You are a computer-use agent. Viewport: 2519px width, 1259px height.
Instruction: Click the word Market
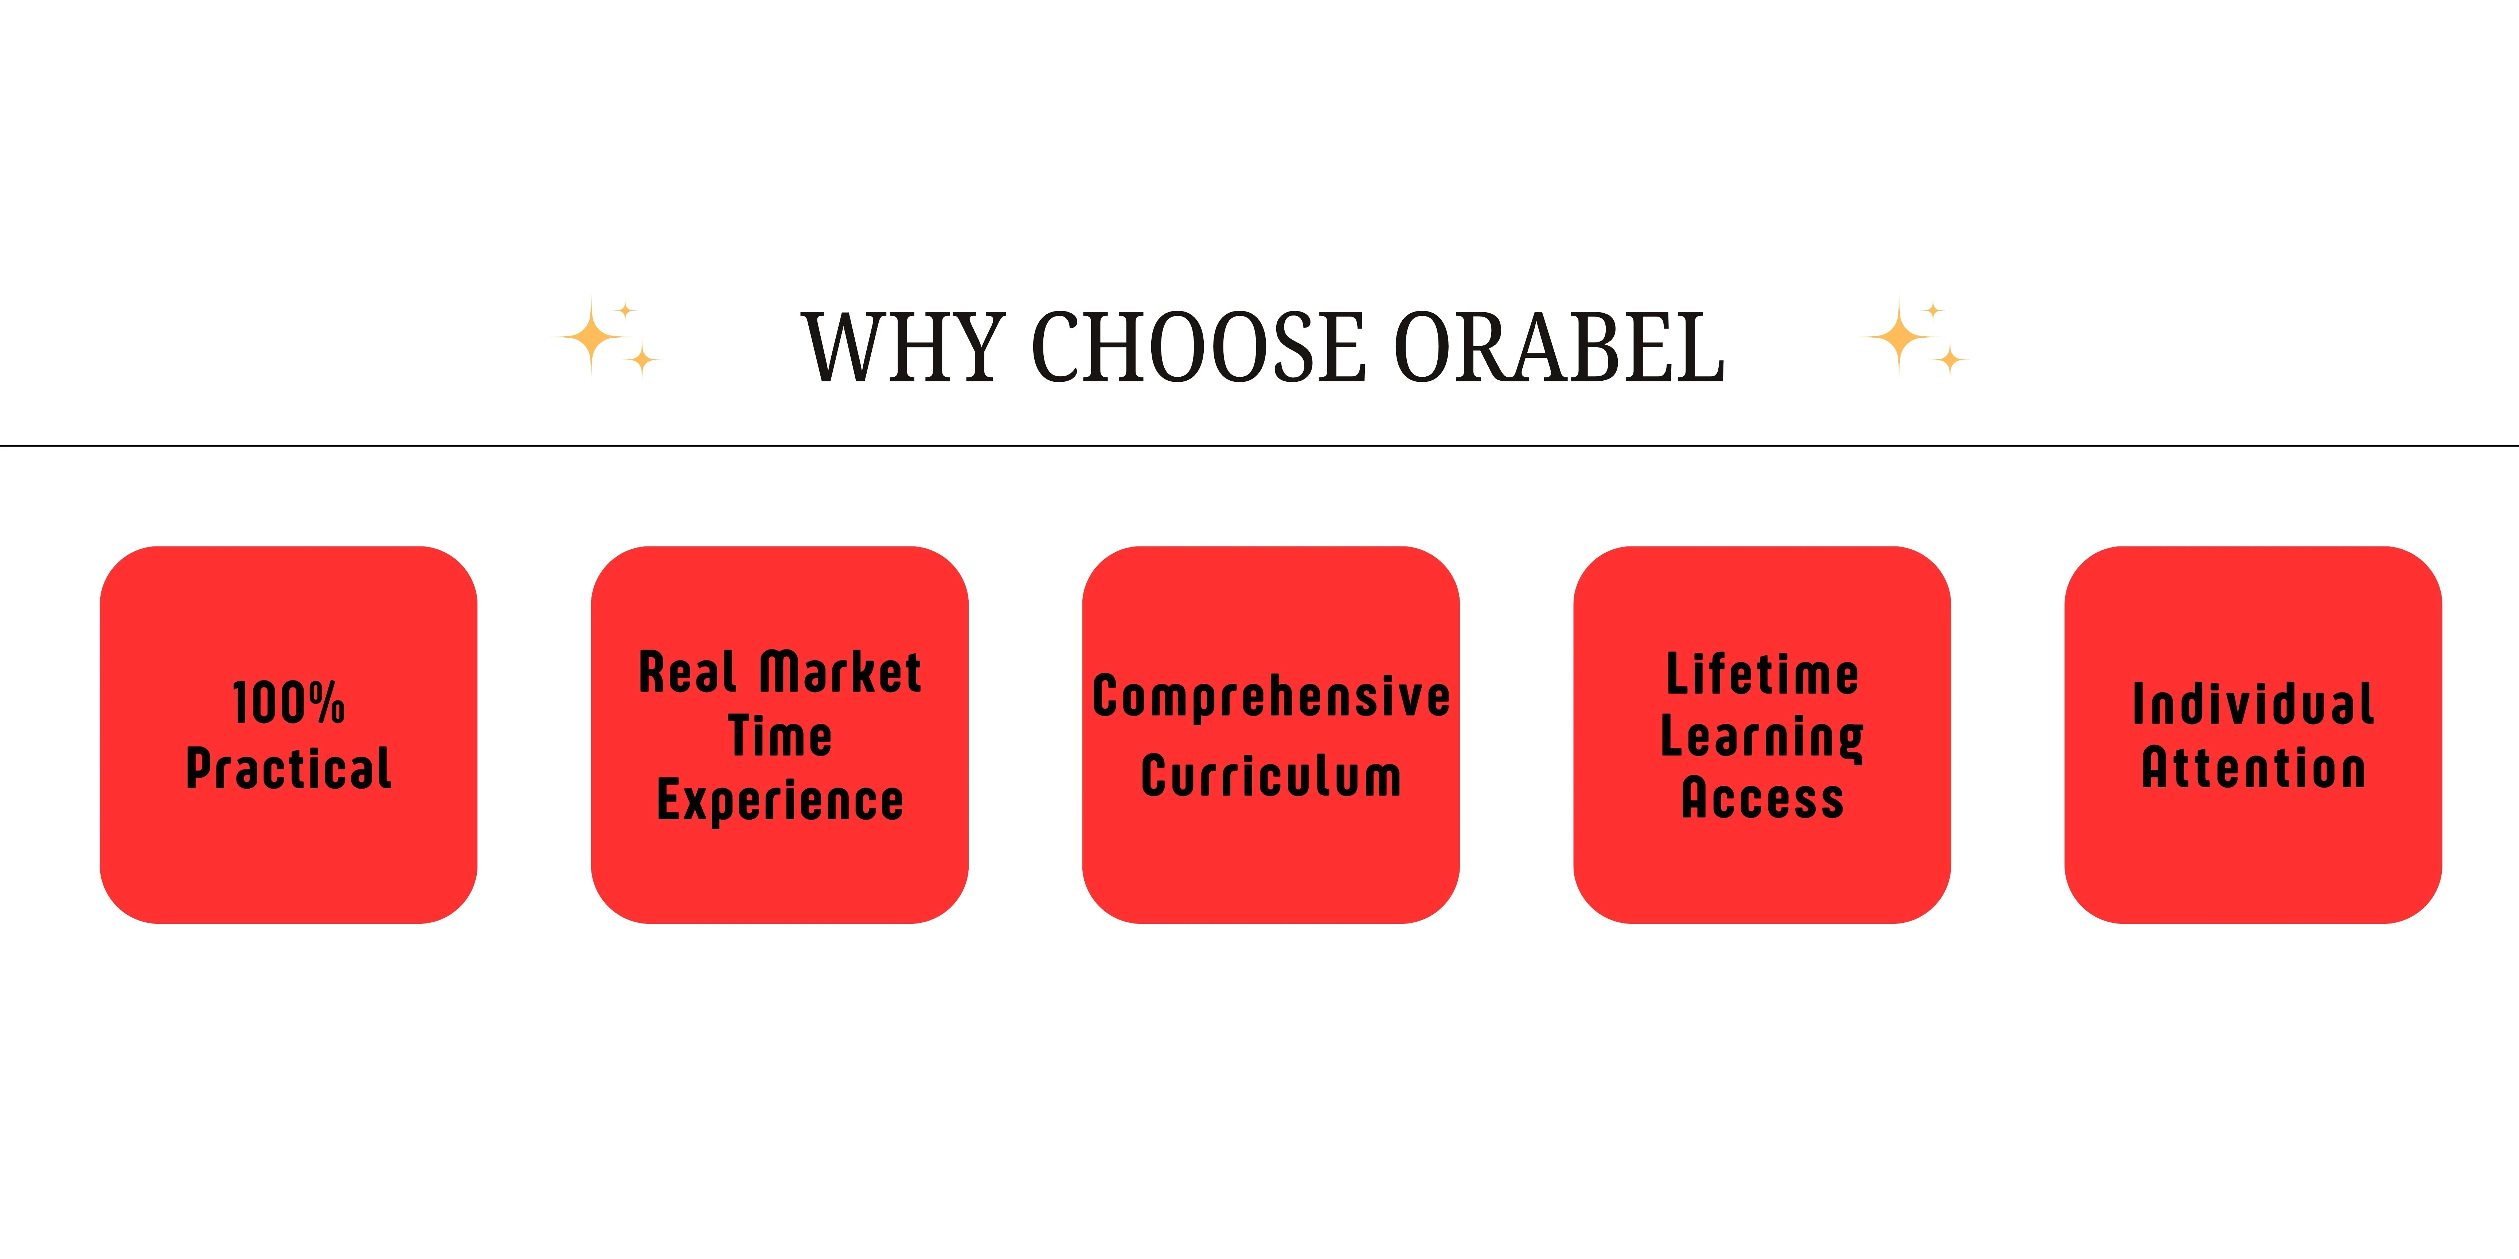coord(841,672)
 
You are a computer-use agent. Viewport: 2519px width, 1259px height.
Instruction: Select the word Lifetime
coord(1762,674)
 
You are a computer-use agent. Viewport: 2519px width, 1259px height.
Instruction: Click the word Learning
coord(1762,738)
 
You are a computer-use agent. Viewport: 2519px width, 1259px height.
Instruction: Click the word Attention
coord(2253,768)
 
